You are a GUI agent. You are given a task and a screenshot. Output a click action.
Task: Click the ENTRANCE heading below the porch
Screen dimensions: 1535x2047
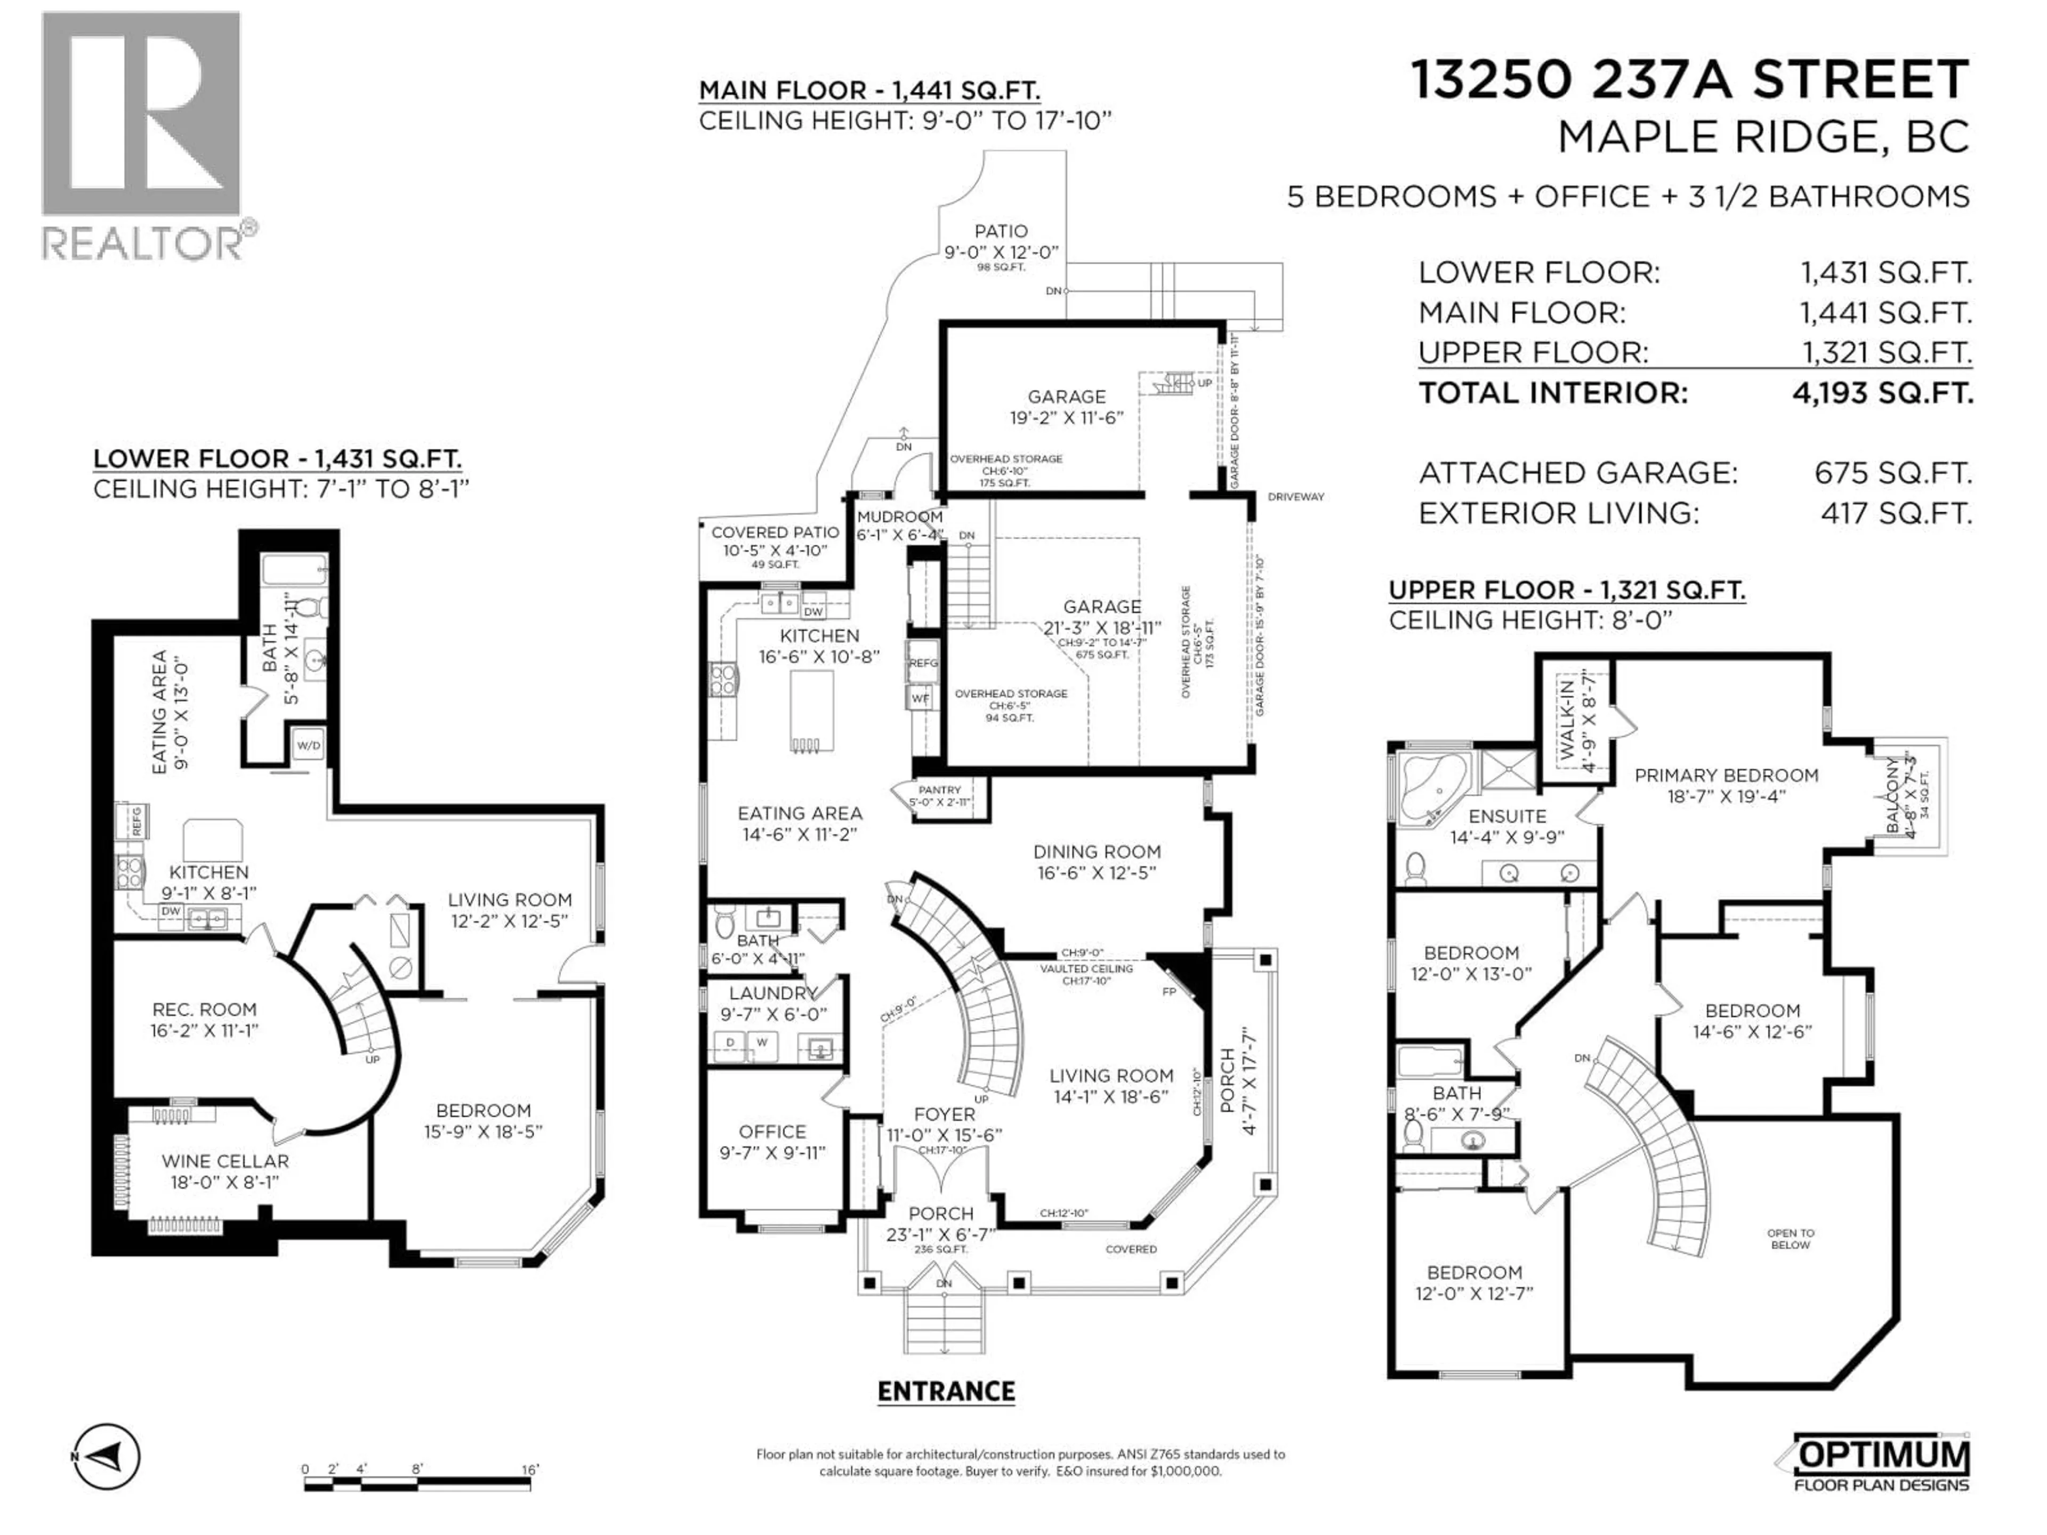pyautogui.click(x=946, y=1392)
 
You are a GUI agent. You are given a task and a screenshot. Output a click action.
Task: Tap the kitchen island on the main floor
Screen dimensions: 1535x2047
pyautogui.click(x=811, y=710)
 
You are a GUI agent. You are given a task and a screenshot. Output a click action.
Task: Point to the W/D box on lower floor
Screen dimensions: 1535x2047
pyautogui.click(x=308, y=745)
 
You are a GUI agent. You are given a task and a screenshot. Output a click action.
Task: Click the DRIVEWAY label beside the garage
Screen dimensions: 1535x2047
pyautogui.click(x=1295, y=497)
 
